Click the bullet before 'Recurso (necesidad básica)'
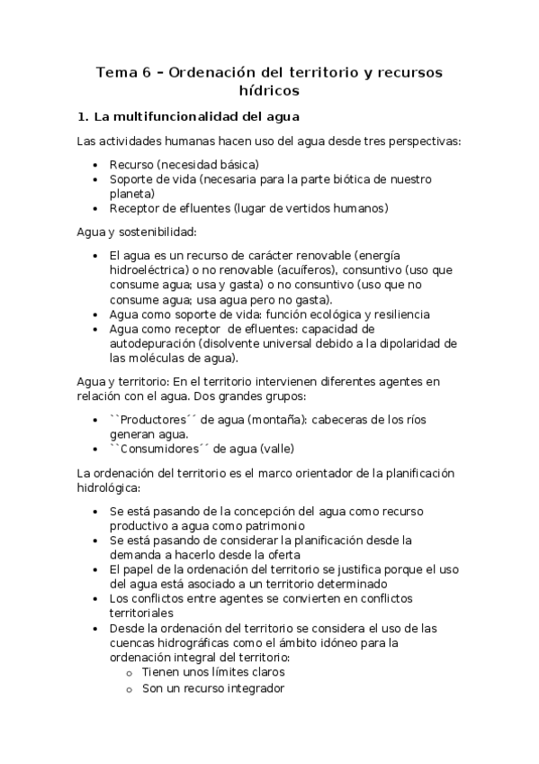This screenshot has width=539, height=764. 96,166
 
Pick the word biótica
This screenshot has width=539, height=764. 355,179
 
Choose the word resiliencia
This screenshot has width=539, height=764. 395,314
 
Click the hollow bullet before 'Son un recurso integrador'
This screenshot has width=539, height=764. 130,688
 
